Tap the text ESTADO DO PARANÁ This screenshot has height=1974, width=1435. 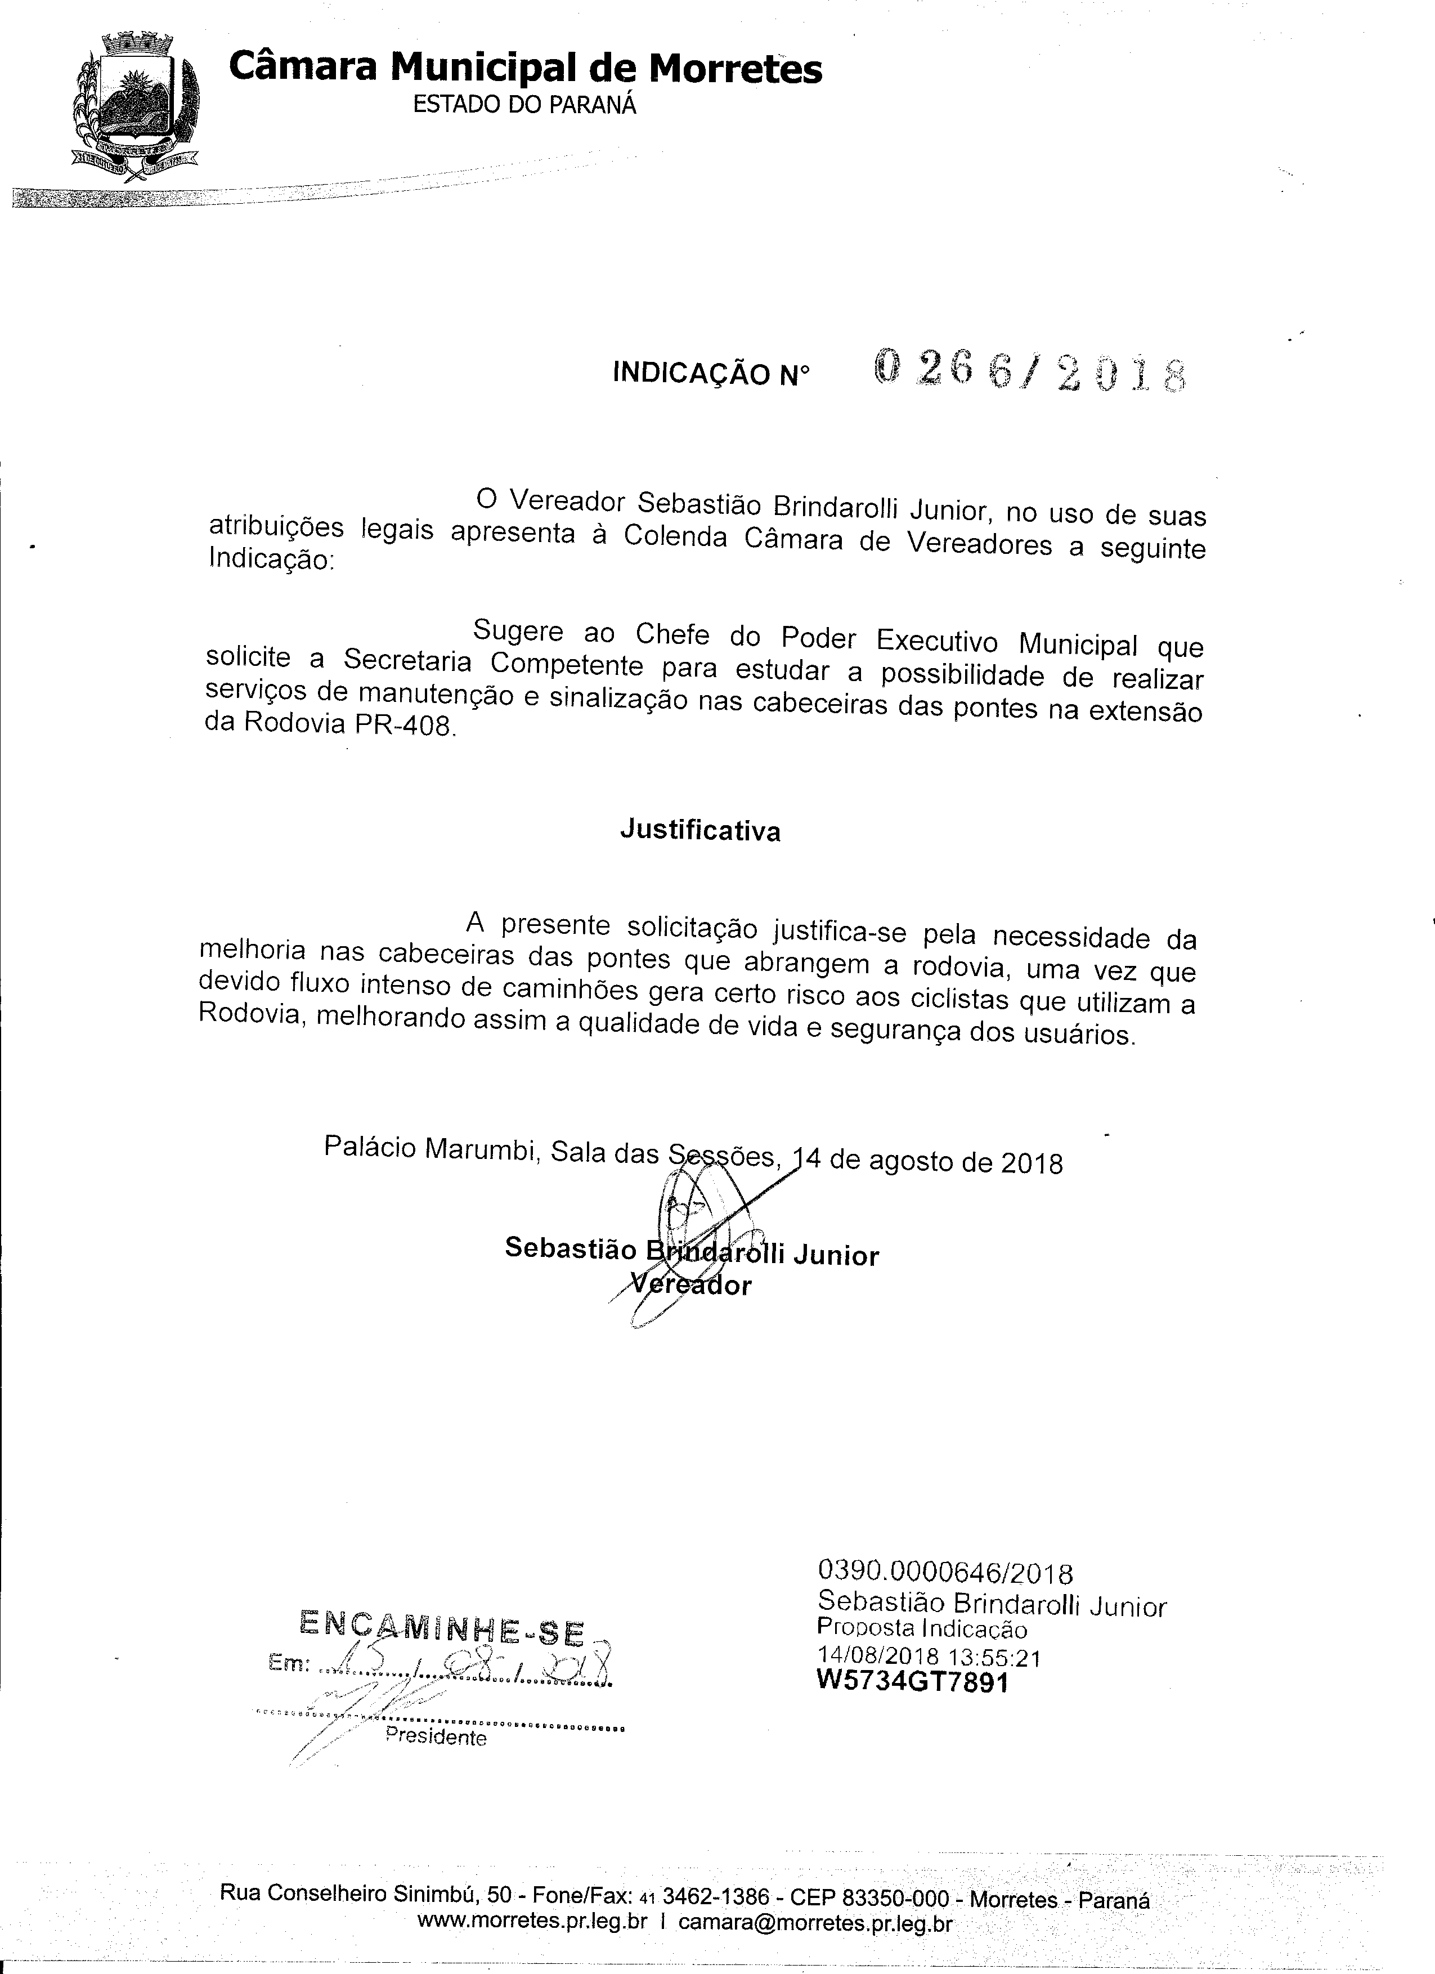524,105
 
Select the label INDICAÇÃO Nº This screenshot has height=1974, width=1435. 711,374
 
